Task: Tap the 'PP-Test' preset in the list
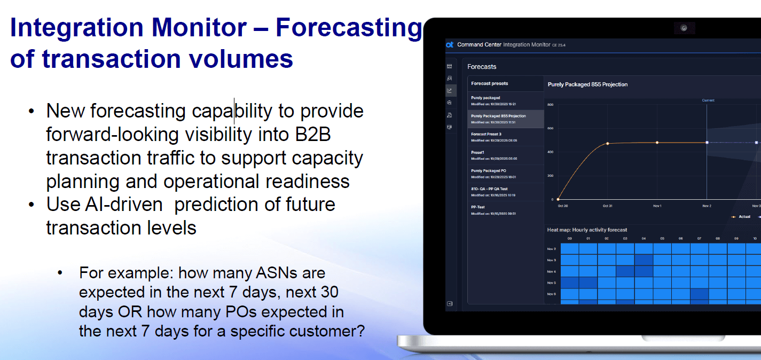(x=478, y=207)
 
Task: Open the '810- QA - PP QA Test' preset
(x=489, y=189)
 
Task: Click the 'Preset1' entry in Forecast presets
(x=478, y=152)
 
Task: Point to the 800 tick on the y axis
(x=550, y=105)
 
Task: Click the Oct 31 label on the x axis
(x=607, y=206)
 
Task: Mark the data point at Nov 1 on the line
(x=657, y=143)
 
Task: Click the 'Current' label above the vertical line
(x=708, y=100)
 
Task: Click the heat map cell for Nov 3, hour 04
(x=644, y=260)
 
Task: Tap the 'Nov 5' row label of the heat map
(x=552, y=283)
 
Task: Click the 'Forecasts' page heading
(x=482, y=67)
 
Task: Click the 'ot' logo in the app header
(x=450, y=45)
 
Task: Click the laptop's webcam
(x=684, y=28)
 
